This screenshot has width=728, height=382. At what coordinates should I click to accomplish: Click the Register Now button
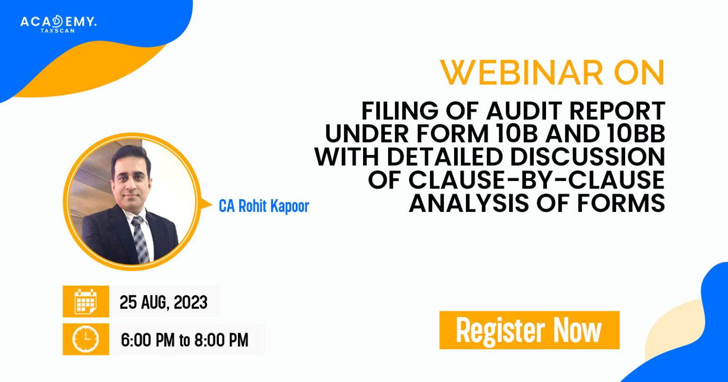click(529, 330)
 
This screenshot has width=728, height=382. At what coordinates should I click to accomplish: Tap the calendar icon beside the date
click(86, 301)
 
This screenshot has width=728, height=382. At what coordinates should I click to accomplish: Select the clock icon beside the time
click(86, 339)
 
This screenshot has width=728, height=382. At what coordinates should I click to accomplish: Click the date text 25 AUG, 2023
click(164, 302)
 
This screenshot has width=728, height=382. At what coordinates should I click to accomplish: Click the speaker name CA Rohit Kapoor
click(264, 206)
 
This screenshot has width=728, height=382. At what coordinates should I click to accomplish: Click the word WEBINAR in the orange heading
click(521, 73)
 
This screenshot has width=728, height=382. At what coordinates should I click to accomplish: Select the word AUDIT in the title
click(522, 111)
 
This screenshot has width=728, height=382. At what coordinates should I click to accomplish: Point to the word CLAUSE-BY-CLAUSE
click(517, 181)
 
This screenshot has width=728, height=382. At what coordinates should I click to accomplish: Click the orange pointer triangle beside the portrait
click(207, 204)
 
